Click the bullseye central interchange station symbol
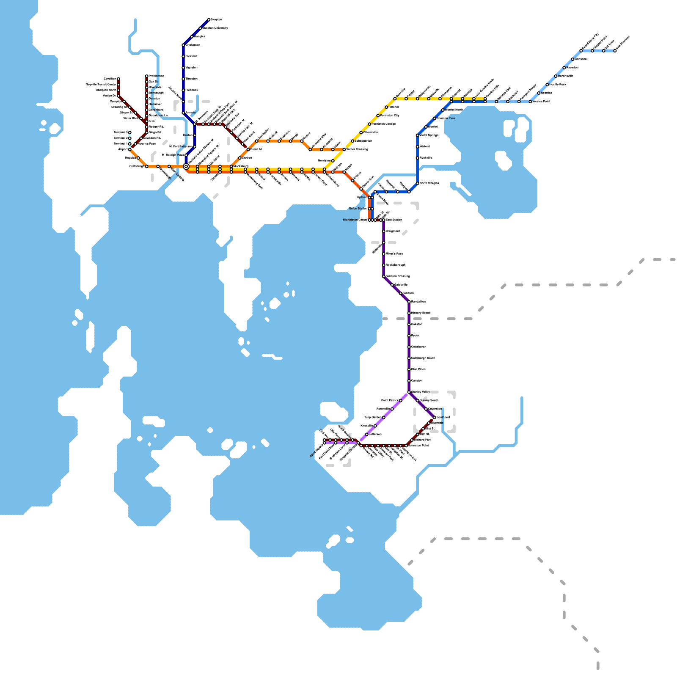coord(186,166)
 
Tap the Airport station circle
coord(130,149)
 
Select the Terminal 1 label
coord(120,144)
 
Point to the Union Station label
coord(358,209)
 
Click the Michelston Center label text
coord(355,220)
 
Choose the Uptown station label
coord(362,197)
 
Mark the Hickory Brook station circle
coord(409,313)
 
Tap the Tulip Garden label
coord(373,418)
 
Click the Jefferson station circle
coord(367,435)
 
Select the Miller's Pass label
coord(394,254)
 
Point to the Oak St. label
coord(154,82)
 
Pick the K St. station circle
coord(147,121)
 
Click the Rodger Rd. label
coord(157,127)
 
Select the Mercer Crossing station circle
coord(344,149)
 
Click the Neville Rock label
coord(558,85)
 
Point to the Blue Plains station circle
coord(409,369)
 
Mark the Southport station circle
coord(435,418)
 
